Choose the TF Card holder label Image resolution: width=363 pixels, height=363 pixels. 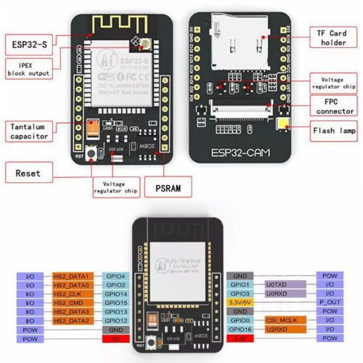point(333,37)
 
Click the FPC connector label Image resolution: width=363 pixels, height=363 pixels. point(333,106)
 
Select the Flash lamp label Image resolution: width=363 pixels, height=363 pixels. point(333,133)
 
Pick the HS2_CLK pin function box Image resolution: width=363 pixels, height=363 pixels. point(70,294)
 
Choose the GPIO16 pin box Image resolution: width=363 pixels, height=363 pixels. point(241,328)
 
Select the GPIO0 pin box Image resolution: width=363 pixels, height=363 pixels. point(241,319)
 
